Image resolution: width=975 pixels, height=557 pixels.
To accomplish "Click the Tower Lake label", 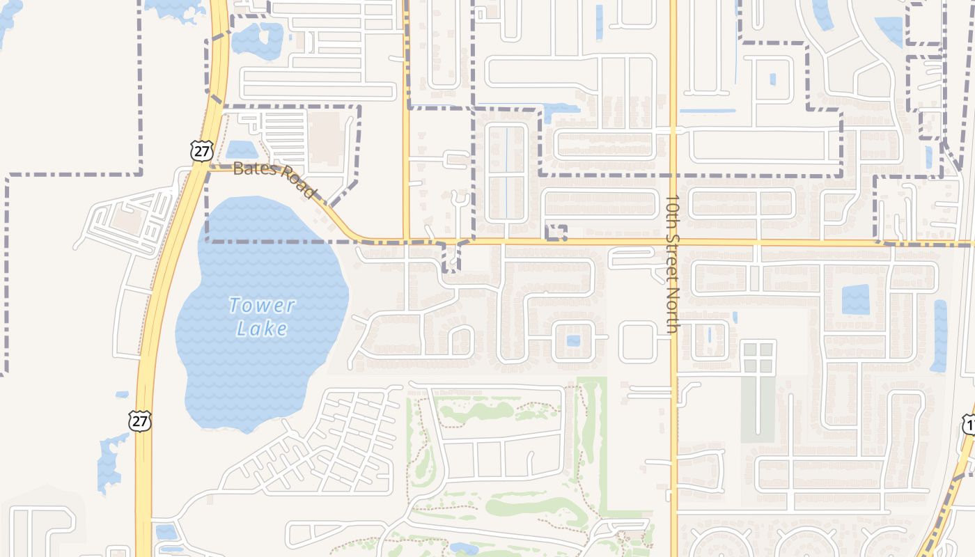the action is click(262, 317).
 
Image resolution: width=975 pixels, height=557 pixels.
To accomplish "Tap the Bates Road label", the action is click(274, 178).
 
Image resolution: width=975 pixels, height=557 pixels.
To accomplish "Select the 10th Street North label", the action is click(672, 264).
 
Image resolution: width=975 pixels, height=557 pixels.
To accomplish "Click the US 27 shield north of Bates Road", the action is click(201, 150).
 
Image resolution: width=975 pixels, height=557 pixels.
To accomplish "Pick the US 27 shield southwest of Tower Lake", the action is click(139, 421).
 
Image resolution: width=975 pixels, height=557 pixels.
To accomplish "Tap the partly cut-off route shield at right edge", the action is click(969, 424).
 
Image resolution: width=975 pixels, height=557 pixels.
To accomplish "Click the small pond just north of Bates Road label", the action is click(241, 150).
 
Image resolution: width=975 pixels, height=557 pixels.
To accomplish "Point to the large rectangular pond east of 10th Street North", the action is click(855, 299).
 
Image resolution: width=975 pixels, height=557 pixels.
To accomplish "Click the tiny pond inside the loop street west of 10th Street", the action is click(573, 340).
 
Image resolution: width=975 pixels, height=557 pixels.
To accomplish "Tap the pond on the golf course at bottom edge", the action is click(463, 549).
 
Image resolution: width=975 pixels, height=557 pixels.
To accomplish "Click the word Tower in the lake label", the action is click(262, 305).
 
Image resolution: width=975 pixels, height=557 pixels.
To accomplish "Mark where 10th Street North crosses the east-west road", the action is click(673, 242).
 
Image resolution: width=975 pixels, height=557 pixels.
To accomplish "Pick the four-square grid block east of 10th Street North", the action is click(758, 356).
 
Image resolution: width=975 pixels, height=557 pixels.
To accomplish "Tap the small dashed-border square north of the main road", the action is click(556, 233).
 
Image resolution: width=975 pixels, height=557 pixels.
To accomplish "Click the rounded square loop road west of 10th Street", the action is click(637, 341).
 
